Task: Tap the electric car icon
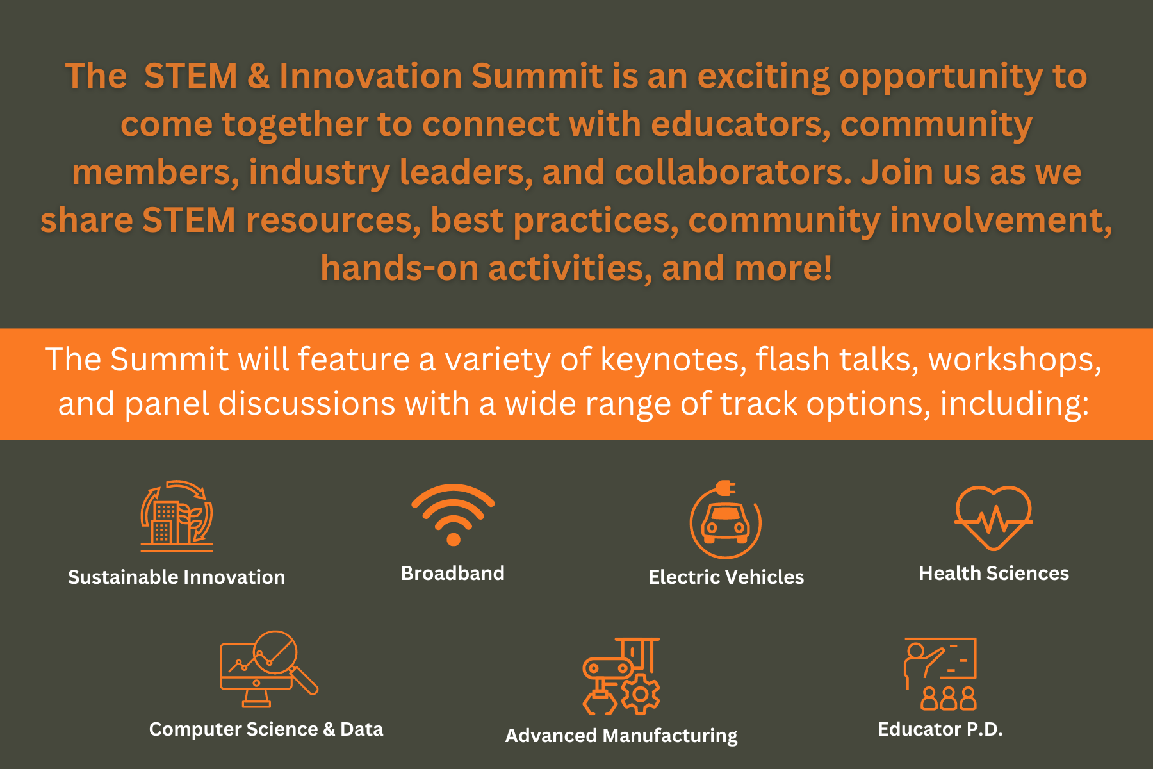click(x=725, y=520)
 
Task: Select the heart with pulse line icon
click(x=994, y=518)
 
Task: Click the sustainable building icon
click(x=177, y=516)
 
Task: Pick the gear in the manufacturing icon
click(x=640, y=694)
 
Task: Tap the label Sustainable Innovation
click(x=177, y=577)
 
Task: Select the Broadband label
click(x=453, y=573)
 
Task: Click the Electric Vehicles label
click(x=726, y=577)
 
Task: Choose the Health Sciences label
click(x=994, y=573)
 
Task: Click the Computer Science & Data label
click(x=266, y=729)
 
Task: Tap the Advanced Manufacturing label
click(x=621, y=736)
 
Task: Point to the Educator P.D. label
click(x=940, y=729)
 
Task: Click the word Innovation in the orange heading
click(x=371, y=76)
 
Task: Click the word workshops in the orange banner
click(x=1015, y=360)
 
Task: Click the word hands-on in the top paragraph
click(x=400, y=268)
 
